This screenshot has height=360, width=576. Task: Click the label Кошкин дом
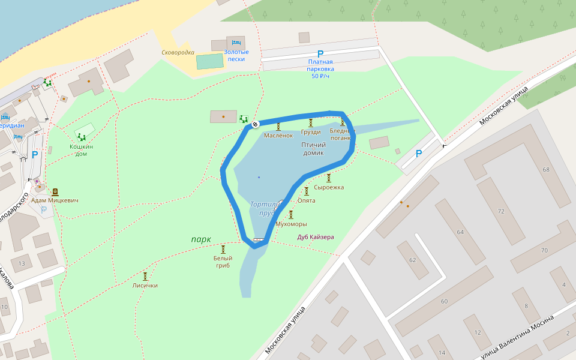pyautogui.click(x=81, y=150)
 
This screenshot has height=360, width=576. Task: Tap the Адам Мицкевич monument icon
pyautogui.click(x=55, y=192)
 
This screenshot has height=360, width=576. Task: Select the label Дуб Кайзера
pyautogui.click(x=316, y=237)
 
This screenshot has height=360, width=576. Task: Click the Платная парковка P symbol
pyautogui.click(x=320, y=54)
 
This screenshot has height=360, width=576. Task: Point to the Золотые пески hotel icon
pyautogui.click(x=236, y=43)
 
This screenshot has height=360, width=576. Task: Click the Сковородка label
pyautogui.click(x=178, y=52)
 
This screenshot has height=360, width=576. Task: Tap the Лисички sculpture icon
pyautogui.click(x=145, y=276)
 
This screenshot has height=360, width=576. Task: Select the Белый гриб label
pyautogui.click(x=223, y=262)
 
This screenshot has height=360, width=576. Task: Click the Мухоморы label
pyautogui.click(x=291, y=224)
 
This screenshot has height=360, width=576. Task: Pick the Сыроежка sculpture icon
pyautogui.click(x=329, y=178)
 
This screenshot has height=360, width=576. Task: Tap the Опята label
pyautogui.click(x=307, y=200)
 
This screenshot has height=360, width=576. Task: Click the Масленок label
pyautogui.click(x=278, y=136)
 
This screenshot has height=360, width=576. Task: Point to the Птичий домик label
pyautogui.click(x=313, y=149)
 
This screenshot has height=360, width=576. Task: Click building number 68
pyautogui.click(x=546, y=170)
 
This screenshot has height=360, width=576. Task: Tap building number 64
pyautogui.click(x=460, y=232)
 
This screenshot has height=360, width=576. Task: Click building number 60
pyautogui.click(x=444, y=301)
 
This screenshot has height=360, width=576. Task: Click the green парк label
pyautogui.click(x=201, y=239)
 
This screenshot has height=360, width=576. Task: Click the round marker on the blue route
pyautogui.click(x=255, y=124)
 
